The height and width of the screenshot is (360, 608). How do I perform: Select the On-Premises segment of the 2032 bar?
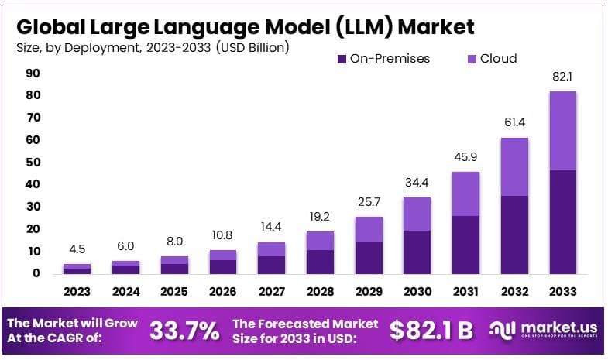click(x=514, y=234)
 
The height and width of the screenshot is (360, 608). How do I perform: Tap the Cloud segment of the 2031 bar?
click(x=465, y=194)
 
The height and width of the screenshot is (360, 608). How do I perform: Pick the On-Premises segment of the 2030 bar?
click(x=417, y=252)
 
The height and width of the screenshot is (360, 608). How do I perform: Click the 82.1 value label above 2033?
click(x=563, y=77)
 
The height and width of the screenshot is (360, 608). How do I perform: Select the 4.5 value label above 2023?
click(x=77, y=250)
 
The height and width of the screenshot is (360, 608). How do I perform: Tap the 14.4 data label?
click(x=271, y=228)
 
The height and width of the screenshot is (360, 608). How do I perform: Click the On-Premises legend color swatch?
click(x=342, y=59)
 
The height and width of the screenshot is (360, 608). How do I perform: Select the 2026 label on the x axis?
click(x=223, y=292)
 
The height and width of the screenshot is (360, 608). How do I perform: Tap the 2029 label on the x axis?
click(x=369, y=292)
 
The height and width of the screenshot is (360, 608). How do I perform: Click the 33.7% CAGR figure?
click(x=184, y=331)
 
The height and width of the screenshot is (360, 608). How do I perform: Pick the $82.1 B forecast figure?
click(x=431, y=331)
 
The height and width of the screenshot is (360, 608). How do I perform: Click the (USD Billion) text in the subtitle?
click(x=252, y=48)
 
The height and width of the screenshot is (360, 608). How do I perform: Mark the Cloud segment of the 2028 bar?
click(x=320, y=241)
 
